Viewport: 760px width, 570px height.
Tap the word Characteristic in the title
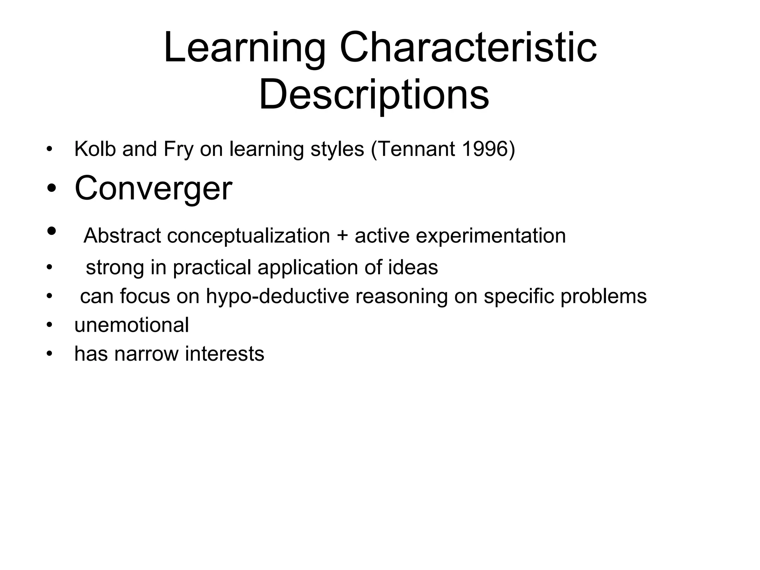point(468,48)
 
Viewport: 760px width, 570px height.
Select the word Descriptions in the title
point(374,95)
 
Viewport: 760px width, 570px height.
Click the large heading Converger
point(153,189)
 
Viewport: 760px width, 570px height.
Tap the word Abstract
point(122,236)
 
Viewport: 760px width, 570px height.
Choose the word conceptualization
point(248,236)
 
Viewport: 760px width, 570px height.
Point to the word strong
point(115,267)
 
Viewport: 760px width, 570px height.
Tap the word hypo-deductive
point(278,296)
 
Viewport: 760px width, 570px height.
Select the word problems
point(603,296)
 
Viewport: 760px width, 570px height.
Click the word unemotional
point(132,325)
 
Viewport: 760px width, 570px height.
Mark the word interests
point(225,354)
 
